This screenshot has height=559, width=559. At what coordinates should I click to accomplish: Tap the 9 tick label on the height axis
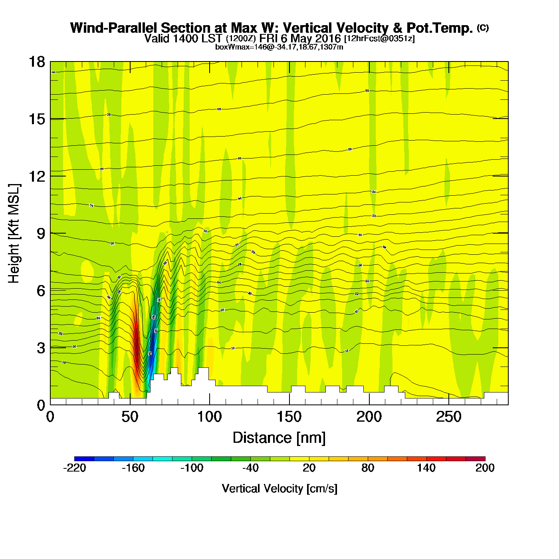[41, 234]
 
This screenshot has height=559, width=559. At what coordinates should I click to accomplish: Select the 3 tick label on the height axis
[41, 348]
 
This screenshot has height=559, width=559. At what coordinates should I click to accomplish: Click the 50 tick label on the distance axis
[130, 417]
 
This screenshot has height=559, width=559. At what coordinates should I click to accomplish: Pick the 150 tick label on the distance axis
[289, 417]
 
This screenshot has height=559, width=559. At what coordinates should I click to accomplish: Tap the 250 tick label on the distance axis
[449, 417]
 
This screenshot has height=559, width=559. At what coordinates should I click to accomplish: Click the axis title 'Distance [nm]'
[279, 438]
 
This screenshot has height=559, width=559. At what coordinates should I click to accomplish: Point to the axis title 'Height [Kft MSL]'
[14, 234]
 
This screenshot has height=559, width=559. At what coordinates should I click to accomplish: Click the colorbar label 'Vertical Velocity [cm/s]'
[279, 489]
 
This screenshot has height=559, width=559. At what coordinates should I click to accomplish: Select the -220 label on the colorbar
[75, 468]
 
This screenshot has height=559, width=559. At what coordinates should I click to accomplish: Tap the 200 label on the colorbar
[485, 468]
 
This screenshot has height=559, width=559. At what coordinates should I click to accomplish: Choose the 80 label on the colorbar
[368, 468]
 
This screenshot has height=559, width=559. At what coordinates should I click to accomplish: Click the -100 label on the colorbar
[192, 468]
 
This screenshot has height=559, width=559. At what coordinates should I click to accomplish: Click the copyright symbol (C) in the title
[483, 28]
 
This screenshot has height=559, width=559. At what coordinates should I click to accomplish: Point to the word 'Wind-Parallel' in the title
[115, 28]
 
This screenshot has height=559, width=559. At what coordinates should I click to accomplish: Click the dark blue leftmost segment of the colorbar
[84, 459]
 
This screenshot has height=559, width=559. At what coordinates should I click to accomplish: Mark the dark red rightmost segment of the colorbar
[475, 459]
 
